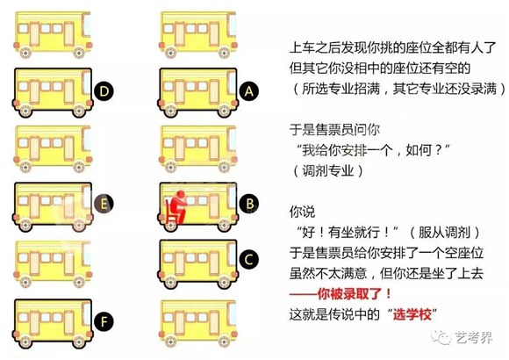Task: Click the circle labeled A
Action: coord(249,90)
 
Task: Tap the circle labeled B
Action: coord(249,205)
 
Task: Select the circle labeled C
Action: coord(249,260)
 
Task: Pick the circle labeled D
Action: coord(104,90)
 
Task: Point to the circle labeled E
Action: coord(104,205)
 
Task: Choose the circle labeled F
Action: coord(104,320)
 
